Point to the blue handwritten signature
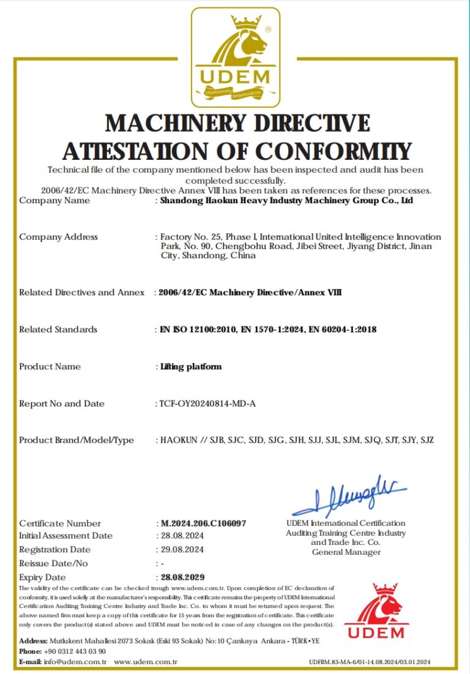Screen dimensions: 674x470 (349, 495)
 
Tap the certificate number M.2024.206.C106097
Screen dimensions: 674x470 (203, 523)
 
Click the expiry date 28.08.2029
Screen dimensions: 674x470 (182, 577)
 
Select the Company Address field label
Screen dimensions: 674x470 (58, 237)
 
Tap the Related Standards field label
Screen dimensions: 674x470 (58, 329)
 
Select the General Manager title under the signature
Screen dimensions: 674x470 (346, 552)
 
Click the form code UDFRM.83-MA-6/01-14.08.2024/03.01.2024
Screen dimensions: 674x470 (370, 662)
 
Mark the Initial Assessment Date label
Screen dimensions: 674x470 (65, 536)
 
